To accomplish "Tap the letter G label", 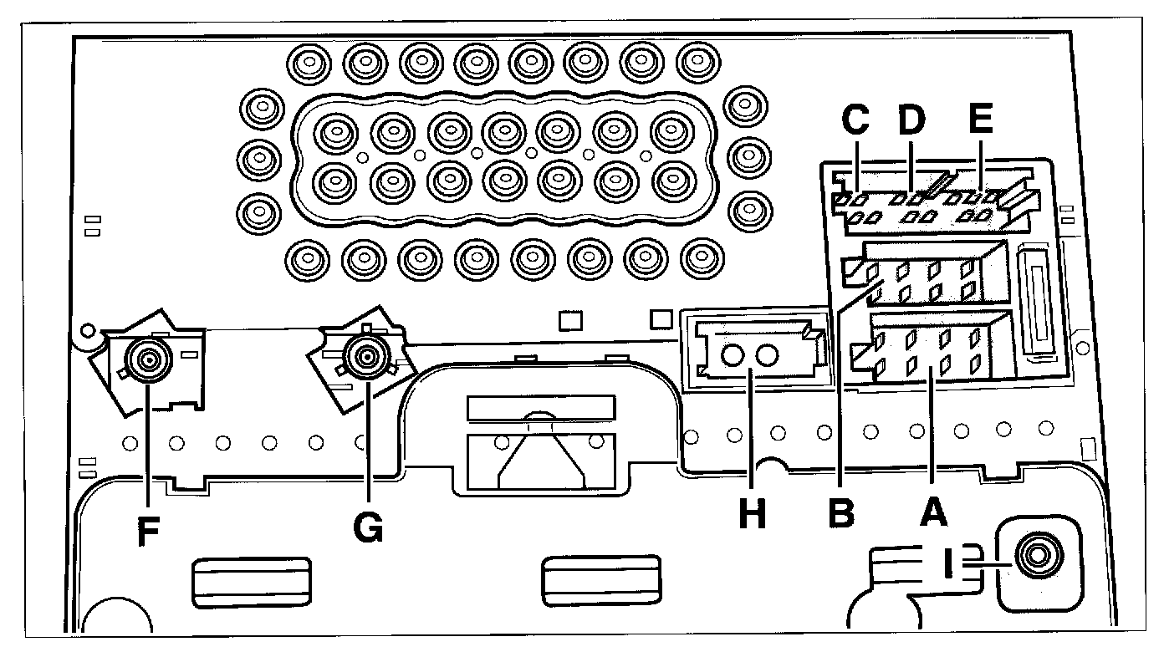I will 367,527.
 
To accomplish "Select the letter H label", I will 752,513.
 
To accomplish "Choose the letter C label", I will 854,121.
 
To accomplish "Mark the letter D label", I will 911,121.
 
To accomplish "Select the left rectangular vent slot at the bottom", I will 252,582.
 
